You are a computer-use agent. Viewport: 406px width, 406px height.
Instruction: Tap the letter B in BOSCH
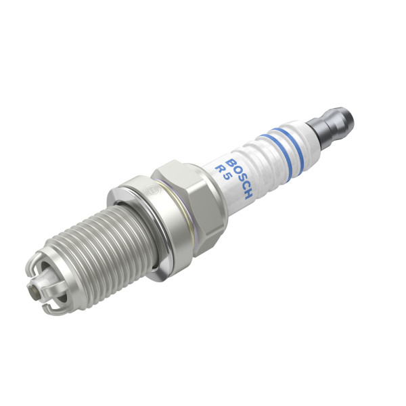(230, 163)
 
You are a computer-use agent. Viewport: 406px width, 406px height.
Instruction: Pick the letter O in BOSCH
(235, 171)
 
